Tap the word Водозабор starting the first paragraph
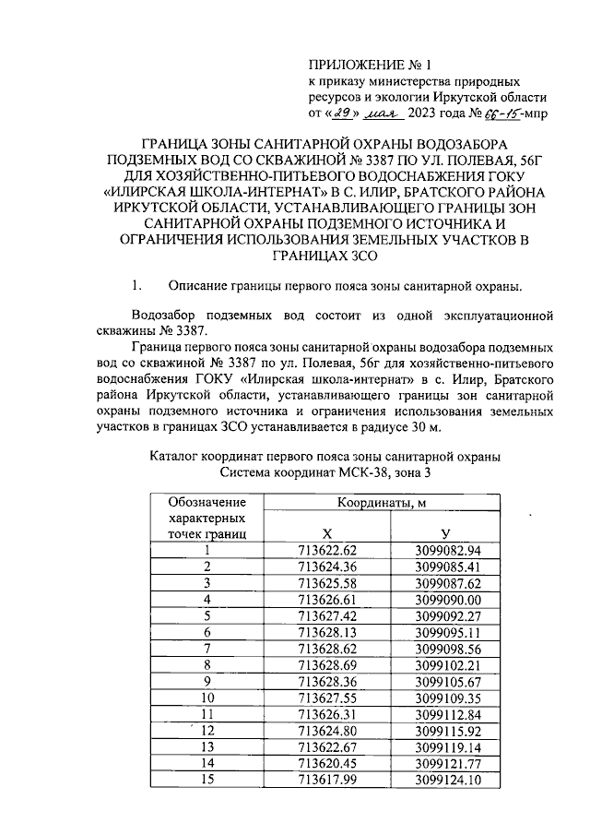point(167,314)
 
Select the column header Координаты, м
point(382,503)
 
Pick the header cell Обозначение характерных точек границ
point(206,518)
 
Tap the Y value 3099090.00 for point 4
point(445,599)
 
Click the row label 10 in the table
point(207,696)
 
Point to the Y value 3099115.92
point(445,728)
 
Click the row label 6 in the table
point(207,631)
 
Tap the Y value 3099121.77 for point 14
point(445,760)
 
